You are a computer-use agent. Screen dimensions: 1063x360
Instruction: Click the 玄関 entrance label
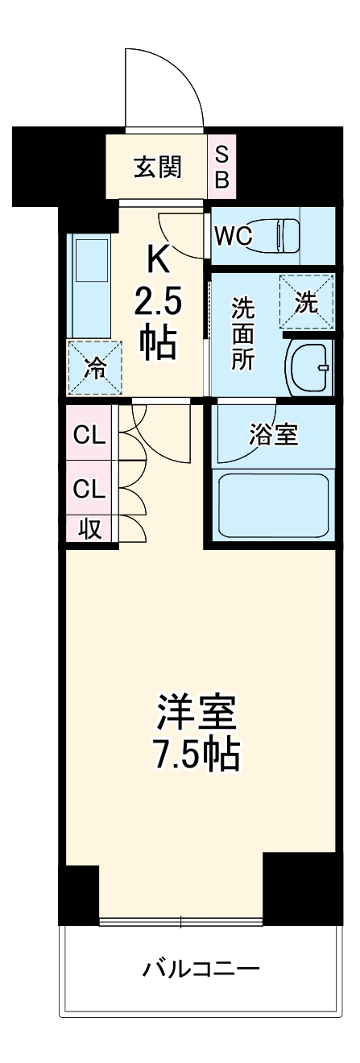(x=157, y=168)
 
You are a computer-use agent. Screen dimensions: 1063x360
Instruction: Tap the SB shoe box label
(x=221, y=168)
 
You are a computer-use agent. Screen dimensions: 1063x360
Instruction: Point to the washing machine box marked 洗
(x=306, y=302)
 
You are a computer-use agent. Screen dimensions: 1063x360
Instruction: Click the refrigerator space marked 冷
(x=94, y=368)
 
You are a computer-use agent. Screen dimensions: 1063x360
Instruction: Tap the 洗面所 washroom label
(x=242, y=333)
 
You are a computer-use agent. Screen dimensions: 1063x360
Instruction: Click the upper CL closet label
(x=89, y=436)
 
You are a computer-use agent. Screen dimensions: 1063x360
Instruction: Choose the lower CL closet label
(x=89, y=488)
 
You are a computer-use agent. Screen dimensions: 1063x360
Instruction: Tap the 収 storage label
(x=89, y=529)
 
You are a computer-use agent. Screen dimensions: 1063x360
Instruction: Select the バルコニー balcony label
(x=201, y=967)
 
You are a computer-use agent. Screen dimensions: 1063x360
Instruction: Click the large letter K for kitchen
(x=158, y=260)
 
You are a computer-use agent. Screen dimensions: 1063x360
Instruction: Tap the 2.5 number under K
(x=158, y=304)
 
